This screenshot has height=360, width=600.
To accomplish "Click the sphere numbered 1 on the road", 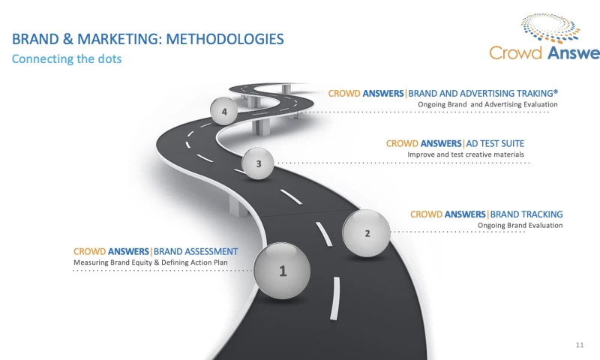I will coord(282,270).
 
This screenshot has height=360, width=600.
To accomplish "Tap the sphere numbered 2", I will coord(367,232).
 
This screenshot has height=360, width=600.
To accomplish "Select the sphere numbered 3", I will coord(259,163).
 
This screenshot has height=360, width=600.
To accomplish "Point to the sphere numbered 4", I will coord(224,112).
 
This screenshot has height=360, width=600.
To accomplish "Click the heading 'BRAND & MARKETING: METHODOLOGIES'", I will coord(148,38).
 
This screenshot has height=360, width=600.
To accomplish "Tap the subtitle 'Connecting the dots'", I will coord(66,58).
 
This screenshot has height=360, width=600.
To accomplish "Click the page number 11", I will coord(579,344).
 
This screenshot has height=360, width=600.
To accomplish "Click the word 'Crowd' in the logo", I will coord(514,53).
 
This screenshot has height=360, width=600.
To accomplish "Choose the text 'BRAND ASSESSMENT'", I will coord(196,251).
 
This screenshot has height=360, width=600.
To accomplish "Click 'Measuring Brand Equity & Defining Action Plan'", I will coord(150,262).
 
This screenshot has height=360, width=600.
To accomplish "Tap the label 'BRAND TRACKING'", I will coord(526,214).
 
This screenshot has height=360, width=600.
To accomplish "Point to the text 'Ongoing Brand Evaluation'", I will coord(520,225).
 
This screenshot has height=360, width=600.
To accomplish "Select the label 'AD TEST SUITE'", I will coord(496,143).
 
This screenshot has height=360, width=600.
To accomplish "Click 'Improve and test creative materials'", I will coord(466,154).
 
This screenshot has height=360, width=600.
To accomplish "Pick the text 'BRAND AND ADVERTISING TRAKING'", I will coord(483,94).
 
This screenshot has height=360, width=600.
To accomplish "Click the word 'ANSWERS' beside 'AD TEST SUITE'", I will coord(442,143).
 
